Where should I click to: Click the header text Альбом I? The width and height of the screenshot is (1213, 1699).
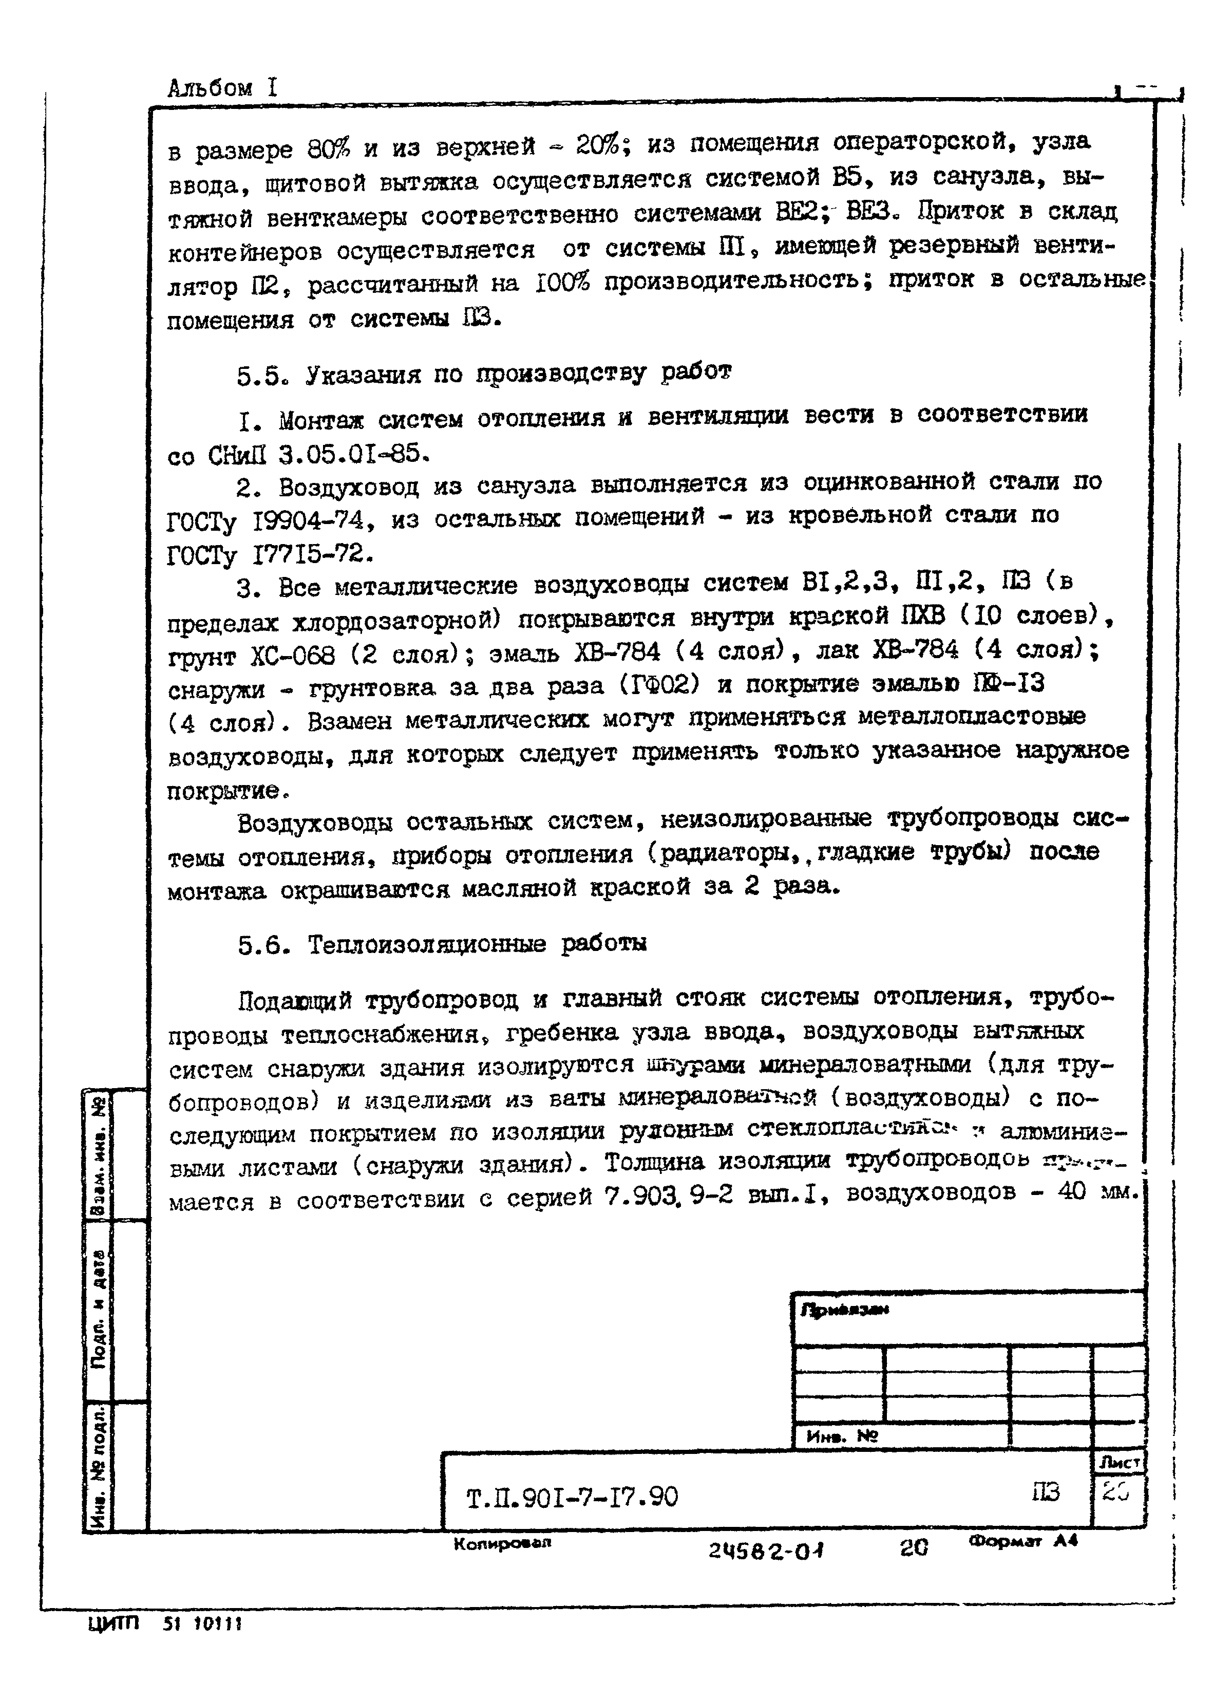point(222,88)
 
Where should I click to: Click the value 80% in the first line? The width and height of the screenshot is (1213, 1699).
point(328,150)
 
